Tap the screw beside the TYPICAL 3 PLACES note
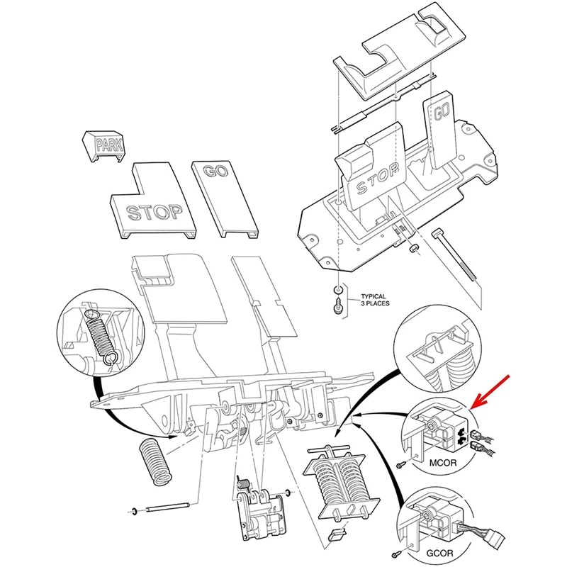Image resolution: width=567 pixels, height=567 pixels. pyautogui.click(x=337, y=307)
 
